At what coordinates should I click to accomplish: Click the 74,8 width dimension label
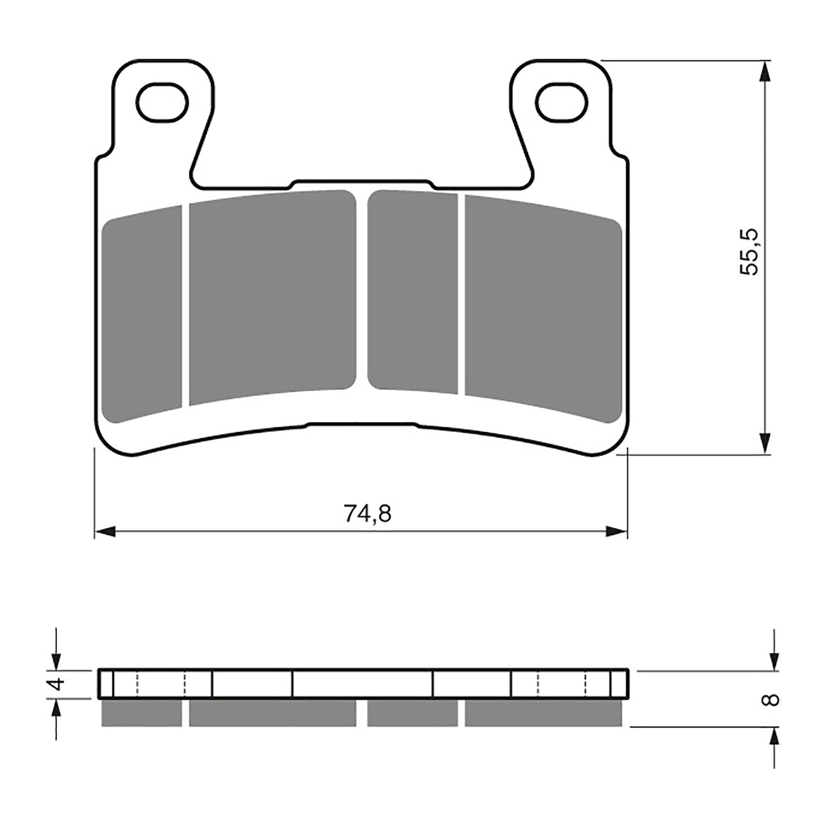367,513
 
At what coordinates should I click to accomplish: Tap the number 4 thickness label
58,684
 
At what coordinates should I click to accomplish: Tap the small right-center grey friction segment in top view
413,290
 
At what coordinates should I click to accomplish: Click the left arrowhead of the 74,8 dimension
105,531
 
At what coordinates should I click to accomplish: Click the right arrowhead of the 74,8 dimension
616,531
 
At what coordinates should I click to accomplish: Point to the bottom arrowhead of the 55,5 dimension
764,443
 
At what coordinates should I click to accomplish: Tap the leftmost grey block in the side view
142,713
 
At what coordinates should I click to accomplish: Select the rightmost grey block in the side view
543,713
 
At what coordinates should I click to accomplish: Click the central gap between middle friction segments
362,289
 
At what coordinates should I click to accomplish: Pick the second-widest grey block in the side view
543,713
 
